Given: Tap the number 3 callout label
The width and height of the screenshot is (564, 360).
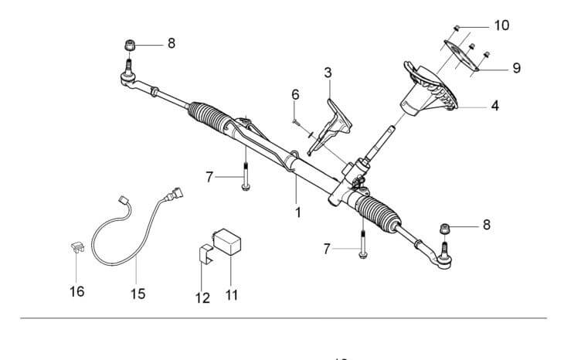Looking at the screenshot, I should click(x=328, y=73).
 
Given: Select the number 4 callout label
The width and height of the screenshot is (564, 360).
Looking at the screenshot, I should click(x=494, y=104).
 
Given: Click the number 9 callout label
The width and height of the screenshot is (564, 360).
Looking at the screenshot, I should click(x=515, y=68).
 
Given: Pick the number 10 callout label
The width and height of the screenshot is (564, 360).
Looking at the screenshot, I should click(x=501, y=25).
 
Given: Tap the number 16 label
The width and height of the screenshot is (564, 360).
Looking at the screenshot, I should click(x=76, y=291).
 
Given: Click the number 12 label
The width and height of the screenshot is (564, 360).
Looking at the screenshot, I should click(x=202, y=298).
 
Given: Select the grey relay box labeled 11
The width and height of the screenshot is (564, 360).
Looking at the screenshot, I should click(x=230, y=240).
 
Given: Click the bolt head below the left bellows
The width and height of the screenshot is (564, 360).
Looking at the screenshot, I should click(x=246, y=187).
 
